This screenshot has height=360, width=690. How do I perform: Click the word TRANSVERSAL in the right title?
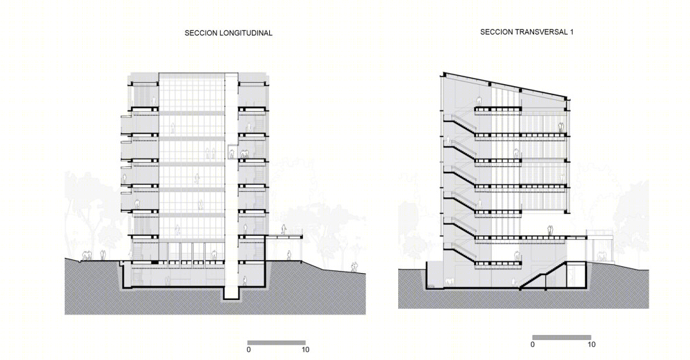click(537, 32)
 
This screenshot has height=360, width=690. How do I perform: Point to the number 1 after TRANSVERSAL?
click(571, 32)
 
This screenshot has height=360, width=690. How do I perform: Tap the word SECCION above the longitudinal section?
click(200, 33)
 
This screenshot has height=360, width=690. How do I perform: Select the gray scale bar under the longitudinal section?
click(277, 342)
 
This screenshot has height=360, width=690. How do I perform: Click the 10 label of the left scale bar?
click(306, 350)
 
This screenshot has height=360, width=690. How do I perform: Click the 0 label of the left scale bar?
click(248, 350)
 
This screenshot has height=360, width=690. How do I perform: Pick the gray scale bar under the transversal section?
click(562, 337)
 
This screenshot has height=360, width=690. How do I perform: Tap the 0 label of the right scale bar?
click(533, 345)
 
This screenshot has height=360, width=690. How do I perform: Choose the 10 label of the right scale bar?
click(591, 345)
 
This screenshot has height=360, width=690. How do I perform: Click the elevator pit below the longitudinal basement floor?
click(231, 294)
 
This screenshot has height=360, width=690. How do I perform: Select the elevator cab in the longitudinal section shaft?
click(231, 153)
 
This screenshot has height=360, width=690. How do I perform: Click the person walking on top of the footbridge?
click(285, 230)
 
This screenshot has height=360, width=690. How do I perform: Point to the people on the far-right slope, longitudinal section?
click(354, 267)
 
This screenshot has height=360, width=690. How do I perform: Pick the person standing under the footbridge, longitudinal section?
click(289, 255)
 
